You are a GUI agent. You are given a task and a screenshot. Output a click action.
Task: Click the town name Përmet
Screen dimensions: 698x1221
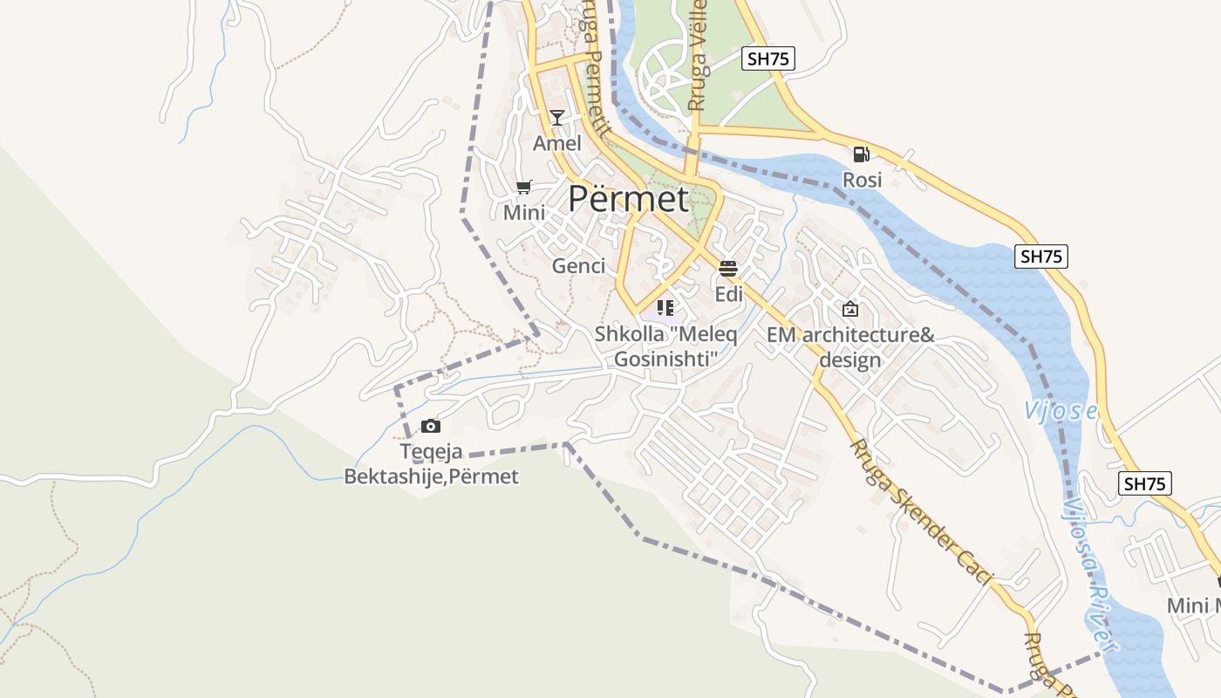628,199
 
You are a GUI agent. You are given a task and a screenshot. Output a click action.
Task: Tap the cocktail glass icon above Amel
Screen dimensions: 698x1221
557,118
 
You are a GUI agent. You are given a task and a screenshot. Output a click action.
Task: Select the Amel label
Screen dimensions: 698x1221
557,143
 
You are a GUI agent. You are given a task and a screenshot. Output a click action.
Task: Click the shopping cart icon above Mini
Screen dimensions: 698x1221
524,187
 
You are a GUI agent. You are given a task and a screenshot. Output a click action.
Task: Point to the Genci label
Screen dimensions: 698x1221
578,266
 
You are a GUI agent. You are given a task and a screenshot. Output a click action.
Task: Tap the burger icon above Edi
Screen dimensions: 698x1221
728,268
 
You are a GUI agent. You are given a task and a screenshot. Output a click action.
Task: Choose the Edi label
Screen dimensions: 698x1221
728,294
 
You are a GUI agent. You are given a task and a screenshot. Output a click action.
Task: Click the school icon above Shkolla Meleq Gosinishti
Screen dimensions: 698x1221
665,307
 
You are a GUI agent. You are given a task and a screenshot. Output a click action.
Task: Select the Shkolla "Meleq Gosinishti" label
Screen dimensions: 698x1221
665,346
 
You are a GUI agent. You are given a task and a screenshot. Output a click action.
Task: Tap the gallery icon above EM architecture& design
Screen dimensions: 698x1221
850,309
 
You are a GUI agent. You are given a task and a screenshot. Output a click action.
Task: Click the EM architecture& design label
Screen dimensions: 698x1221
850,347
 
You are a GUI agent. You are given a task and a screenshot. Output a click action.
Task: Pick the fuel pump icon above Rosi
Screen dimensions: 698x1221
862,154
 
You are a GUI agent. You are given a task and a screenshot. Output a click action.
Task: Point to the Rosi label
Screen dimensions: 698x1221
862,180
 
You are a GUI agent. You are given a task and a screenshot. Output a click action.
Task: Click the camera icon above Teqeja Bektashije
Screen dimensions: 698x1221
430,426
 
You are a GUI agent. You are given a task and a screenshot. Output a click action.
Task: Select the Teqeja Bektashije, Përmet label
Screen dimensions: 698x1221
431,464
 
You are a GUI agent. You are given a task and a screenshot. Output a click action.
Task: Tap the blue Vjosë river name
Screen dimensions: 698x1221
1061,411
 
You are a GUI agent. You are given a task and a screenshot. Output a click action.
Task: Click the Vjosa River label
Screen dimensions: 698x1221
1090,576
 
